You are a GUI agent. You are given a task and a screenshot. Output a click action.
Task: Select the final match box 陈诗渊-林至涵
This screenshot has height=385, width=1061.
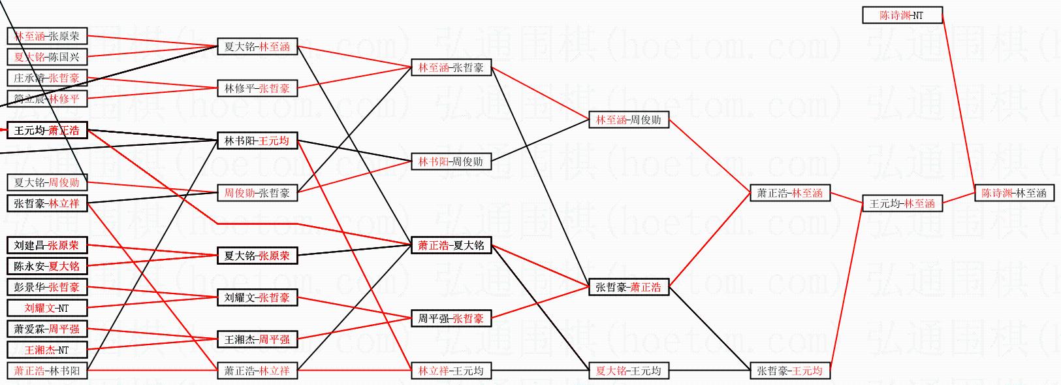click(x=1014, y=193)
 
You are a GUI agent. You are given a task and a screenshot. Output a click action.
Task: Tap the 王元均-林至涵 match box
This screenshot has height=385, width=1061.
click(x=902, y=203)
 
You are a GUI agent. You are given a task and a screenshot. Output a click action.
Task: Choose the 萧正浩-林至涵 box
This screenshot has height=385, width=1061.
click(x=789, y=193)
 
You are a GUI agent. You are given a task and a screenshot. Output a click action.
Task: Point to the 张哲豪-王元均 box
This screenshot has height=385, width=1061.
click(x=789, y=371)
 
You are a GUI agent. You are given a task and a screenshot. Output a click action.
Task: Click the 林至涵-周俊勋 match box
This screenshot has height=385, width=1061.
click(x=628, y=120)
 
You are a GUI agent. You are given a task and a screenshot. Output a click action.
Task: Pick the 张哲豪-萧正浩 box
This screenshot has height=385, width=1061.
click(x=628, y=287)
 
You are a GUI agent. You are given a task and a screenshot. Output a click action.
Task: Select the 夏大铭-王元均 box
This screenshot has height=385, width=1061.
click(x=628, y=371)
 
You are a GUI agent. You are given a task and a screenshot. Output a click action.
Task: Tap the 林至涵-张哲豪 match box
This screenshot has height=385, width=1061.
click(x=451, y=67)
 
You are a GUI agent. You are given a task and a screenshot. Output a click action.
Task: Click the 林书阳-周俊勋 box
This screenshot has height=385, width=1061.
click(x=451, y=161)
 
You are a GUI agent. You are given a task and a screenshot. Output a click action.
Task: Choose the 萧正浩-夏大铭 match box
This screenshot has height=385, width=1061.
click(x=451, y=245)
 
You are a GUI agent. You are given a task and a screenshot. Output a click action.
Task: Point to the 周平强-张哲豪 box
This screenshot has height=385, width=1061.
click(x=451, y=318)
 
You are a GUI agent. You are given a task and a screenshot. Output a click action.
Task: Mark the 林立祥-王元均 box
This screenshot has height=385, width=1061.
click(x=451, y=371)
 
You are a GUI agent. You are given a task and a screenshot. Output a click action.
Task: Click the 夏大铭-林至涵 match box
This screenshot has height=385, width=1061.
click(x=257, y=46)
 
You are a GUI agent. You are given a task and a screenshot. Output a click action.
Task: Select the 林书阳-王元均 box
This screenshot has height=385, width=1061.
click(x=257, y=141)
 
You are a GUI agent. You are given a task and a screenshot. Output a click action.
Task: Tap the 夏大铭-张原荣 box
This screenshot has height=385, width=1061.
click(x=257, y=256)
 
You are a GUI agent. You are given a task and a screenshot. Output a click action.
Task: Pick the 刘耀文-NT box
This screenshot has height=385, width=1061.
click(x=46, y=308)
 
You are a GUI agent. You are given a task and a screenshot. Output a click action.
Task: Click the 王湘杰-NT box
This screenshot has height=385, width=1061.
click(x=46, y=350)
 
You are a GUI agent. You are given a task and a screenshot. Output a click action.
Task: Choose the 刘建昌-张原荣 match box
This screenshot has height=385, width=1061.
click(x=46, y=245)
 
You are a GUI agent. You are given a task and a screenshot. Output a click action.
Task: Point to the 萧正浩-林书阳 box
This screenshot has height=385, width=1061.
click(x=46, y=371)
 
